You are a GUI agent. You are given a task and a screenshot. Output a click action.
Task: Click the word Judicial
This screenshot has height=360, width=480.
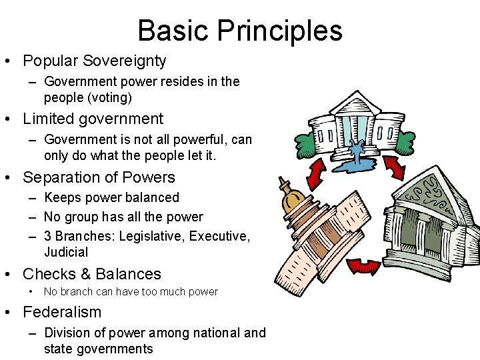[66, 253]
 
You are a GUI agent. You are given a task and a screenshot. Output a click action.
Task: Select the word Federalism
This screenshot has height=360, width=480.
[62, 312]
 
